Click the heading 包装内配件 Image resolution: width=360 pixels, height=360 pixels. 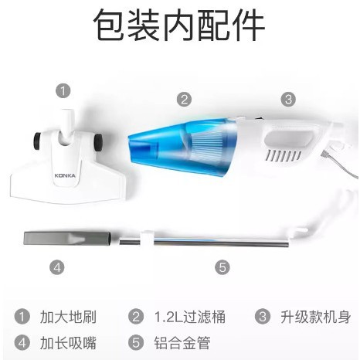coord(179,25)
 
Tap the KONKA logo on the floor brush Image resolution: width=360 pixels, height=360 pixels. coord(65,175)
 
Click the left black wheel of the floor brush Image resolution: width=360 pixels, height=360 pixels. coord(38,141)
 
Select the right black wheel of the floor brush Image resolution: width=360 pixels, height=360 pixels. coord(98,142)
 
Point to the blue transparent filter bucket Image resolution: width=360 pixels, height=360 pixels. coord(180,147)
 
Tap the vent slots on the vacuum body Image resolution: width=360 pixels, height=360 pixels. coord(284,155)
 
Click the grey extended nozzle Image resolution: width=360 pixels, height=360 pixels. coord(67,239)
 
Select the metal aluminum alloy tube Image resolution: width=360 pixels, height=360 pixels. coord(205,243)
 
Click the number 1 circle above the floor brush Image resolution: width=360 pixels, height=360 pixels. coord(63,90)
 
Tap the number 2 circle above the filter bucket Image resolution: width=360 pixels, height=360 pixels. coord(184,99)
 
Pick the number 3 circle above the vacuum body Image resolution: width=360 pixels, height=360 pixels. coord(288,99)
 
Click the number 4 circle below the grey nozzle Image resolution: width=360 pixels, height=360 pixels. coord(57,267)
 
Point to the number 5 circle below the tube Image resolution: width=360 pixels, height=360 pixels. coord(222,267)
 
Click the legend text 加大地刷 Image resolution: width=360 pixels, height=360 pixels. coord(68,317)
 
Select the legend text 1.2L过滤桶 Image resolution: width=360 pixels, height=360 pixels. coord(190,317)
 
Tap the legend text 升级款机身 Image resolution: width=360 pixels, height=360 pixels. coord(316,317)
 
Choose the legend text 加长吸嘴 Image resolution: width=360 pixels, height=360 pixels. coord(68,343)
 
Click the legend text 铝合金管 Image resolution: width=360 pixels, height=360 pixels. coord(182,343)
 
